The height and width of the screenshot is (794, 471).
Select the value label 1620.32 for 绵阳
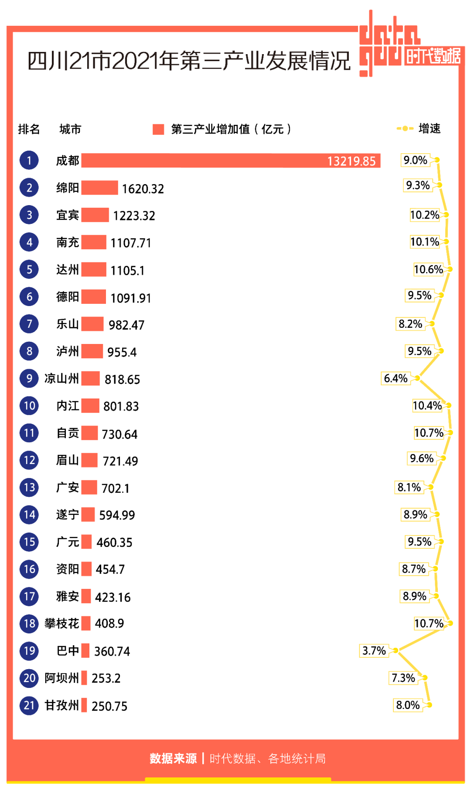[x=143, y=189]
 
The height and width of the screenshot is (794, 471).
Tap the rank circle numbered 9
[x=29, y=378]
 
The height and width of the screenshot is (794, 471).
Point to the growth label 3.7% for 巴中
[x=374, y=651]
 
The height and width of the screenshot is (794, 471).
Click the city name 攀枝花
[x=61, y=623]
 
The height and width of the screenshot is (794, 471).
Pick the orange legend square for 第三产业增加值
[x=158, y=129]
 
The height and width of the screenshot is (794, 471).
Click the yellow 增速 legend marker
[x=405, y=128]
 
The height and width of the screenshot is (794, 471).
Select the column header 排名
[x=29, y=129]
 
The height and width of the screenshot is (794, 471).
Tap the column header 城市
[x=70, y=129]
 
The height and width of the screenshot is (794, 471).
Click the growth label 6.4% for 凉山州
[x=396, y=378]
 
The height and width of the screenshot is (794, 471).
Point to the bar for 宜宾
[x=95, y=215]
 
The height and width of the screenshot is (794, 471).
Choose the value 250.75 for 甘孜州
[x=109, y=706]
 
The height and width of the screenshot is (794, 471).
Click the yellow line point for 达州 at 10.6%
[x=450, y=269]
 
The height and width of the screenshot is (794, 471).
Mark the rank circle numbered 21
[x=29, y=705]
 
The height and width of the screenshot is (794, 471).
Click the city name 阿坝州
[x=61, y=678]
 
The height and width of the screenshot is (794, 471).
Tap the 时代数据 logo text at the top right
[x=433, y=56]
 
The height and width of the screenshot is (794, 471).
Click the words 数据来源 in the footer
[x=173, y=759]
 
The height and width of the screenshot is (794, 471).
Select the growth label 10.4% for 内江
[x=427, y=406]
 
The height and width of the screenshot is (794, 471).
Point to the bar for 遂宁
[x=88, y=514]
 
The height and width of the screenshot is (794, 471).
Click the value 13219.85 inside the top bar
[x=351, y=162]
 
